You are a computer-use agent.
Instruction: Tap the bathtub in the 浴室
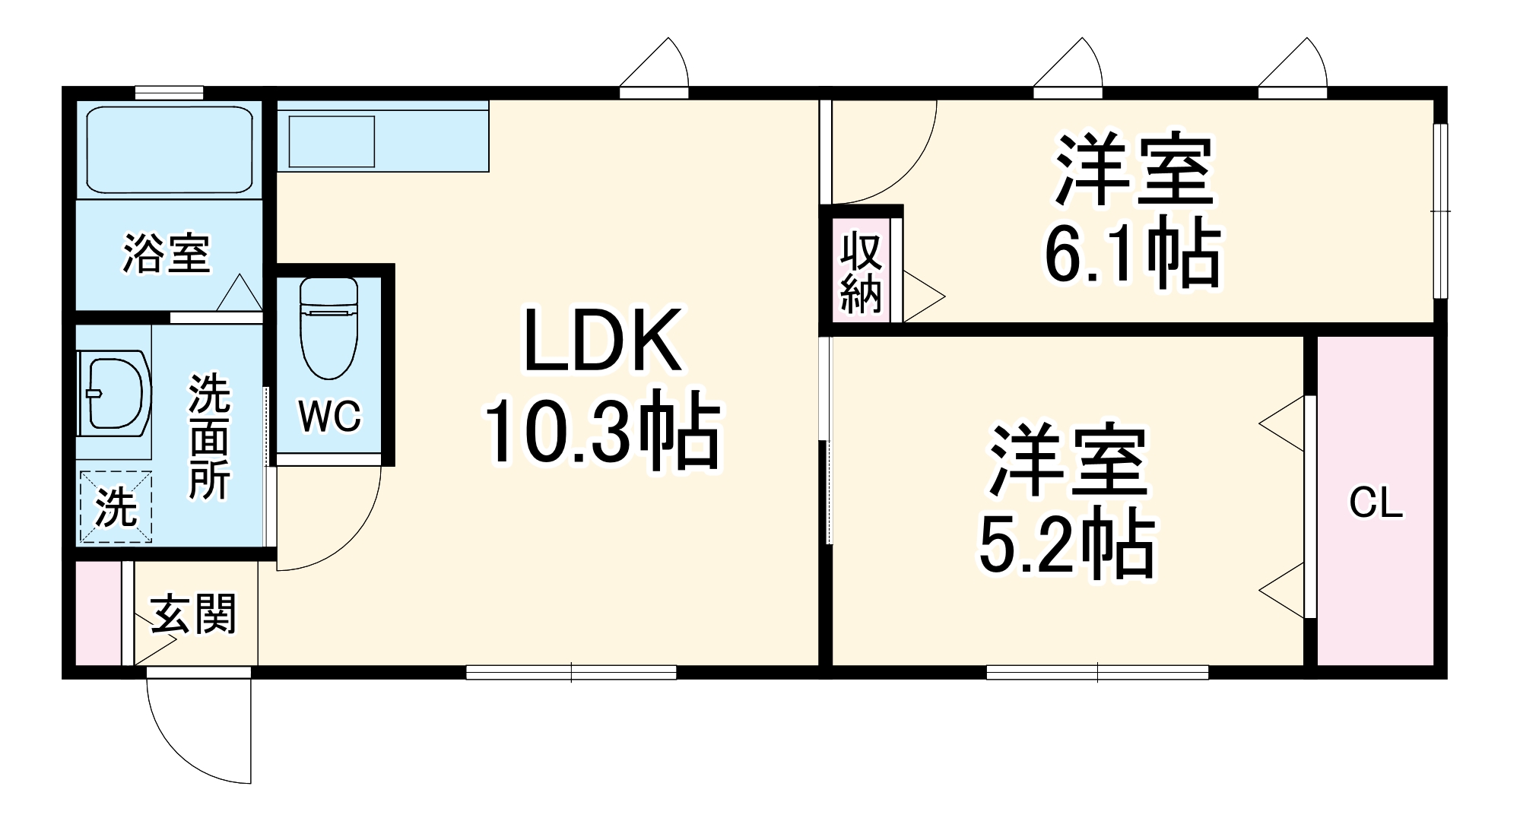[169, 150]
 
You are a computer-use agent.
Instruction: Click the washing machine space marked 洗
[116, 507]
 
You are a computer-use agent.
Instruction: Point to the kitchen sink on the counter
[332, 141]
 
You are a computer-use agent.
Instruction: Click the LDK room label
[603, 341]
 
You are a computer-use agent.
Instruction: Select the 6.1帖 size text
[1132, 254]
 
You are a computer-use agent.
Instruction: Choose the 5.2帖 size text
[1067, 544]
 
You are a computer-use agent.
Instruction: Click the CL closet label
[1376, 503]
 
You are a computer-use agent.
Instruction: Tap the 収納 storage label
[861, 273]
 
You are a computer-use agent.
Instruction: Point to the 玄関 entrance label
[194, 614]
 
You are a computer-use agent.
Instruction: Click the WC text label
[329, 416]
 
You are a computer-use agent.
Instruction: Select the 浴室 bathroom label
[167, 253]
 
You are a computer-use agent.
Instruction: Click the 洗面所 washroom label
[209, 436]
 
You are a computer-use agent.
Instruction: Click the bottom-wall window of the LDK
[571, 672]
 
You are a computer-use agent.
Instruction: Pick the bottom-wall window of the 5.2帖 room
[1097, 672]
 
